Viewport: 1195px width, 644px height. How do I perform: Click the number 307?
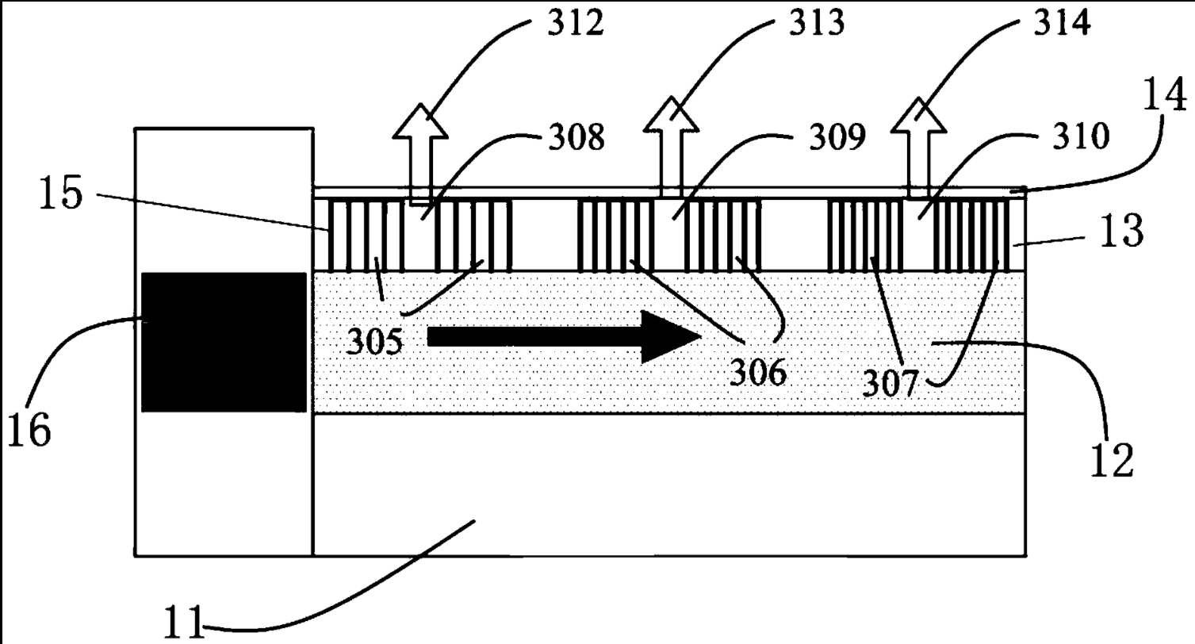890,385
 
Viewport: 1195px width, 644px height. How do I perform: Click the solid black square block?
224,342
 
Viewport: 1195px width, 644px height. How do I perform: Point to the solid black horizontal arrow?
563,336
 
